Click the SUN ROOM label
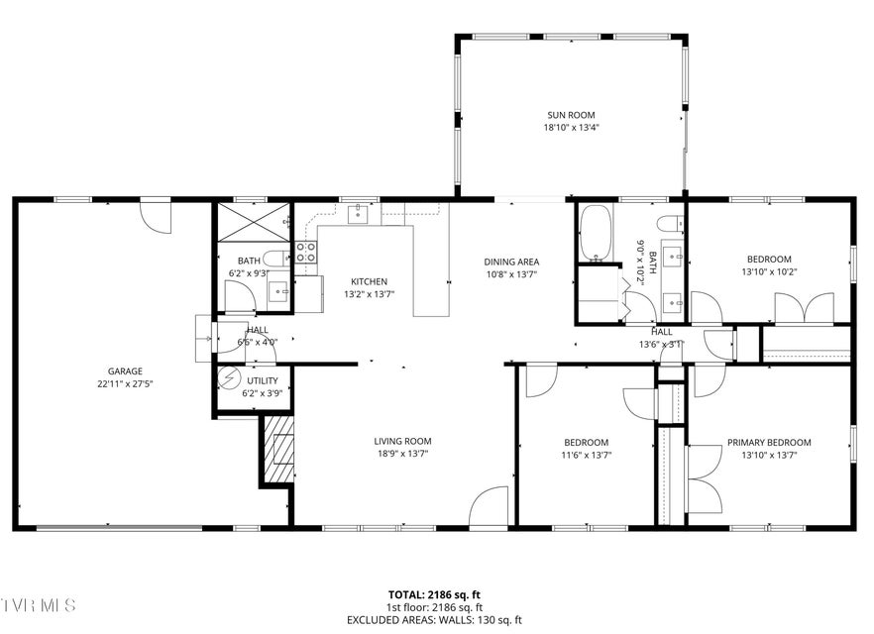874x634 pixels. (x=571, y=115)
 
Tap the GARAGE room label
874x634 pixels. (x=125, y=371)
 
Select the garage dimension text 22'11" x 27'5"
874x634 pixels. (x=125, y=383)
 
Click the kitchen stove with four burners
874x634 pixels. (x=306, y=252)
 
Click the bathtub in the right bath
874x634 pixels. (x=596, y=233)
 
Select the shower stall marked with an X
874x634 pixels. (x=254, y=222)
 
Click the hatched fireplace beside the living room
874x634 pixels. (x=278, y=449)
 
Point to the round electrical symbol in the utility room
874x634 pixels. (x=228, y=378)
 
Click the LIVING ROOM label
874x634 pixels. (x=402, y=441)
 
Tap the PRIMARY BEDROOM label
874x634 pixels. (x=769, y=443)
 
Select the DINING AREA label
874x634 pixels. (x=511, y=262)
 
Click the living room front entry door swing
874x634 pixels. (x=489, y=506)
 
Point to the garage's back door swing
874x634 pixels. (x=156, y=217)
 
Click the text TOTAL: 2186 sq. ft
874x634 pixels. (x=434, y=595)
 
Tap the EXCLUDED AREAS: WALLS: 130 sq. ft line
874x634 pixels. (x=434, y=619)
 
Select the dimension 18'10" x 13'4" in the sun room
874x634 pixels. (x=572, y=128)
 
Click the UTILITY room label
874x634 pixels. (x=262, y=381)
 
